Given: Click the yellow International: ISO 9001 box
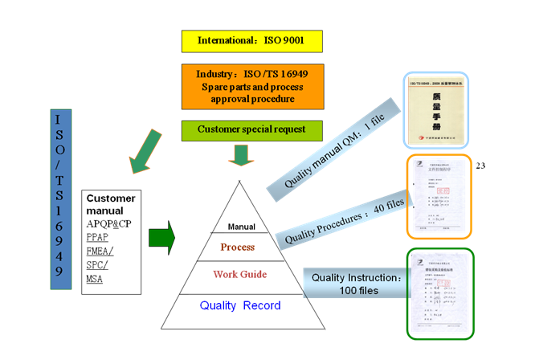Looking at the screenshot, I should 252,40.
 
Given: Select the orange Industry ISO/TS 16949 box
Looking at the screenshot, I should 252,86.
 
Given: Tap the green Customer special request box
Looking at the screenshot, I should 252,129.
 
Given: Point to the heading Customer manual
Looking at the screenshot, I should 111,204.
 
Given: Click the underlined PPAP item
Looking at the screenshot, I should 97,238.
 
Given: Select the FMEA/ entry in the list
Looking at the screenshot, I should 100,252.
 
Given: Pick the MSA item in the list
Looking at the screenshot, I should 95,279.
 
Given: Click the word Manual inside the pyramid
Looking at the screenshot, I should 241,227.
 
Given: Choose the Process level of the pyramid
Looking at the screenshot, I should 238,247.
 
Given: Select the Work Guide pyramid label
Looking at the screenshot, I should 239,275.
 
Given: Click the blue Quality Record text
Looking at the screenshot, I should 240,305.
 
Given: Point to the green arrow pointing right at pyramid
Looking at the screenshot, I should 161,238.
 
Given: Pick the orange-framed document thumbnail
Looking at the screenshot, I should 439,197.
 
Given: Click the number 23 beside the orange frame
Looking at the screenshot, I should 482,166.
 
